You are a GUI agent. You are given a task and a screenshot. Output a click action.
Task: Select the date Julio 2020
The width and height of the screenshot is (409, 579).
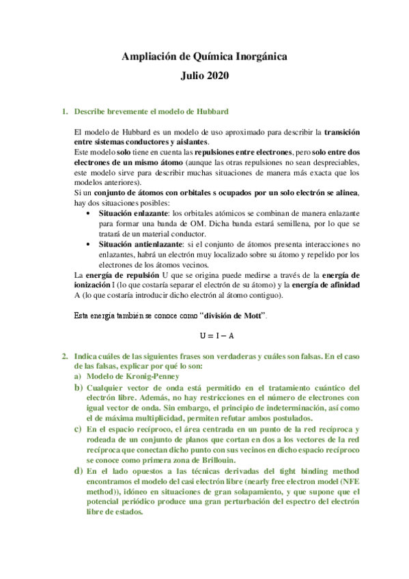pyautogui.click(x=205, y=77)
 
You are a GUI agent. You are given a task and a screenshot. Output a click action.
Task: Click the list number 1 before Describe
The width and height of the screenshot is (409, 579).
pyautogui.click(x=64, y=111)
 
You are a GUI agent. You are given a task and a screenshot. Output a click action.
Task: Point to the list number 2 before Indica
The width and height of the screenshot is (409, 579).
pyautogui.click(x=64, y=356)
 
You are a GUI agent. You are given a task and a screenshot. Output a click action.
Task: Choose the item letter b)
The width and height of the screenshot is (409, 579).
pyautogui.click(x=79, y=387)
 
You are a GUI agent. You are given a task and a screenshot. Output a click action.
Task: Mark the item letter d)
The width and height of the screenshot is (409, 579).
pyautogui.click(x=79, y=471)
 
